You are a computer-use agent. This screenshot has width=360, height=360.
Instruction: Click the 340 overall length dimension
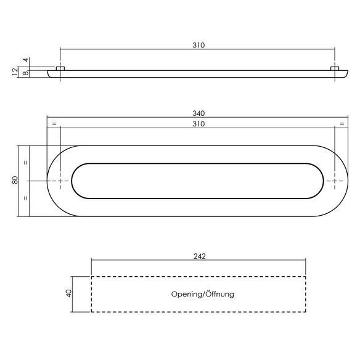(x=198, y=113)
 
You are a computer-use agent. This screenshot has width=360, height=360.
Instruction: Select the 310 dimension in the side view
(x=198, y=45)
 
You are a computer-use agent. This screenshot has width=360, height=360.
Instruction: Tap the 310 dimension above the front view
(x=198, y=124)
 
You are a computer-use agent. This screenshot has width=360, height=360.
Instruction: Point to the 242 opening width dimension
(x=199, y=256)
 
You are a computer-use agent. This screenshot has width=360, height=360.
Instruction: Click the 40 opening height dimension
(x=68, y=293)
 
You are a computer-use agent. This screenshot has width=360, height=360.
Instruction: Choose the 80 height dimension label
(x=15, y=180)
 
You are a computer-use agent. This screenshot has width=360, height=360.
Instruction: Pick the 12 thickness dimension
(x=15, y=72)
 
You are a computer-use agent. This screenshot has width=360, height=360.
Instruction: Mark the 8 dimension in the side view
(x=26, y=73)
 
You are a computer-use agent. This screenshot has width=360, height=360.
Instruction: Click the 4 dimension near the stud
(x=26, y=60)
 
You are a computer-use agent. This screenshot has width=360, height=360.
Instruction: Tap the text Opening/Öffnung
(x=203, y=294)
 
